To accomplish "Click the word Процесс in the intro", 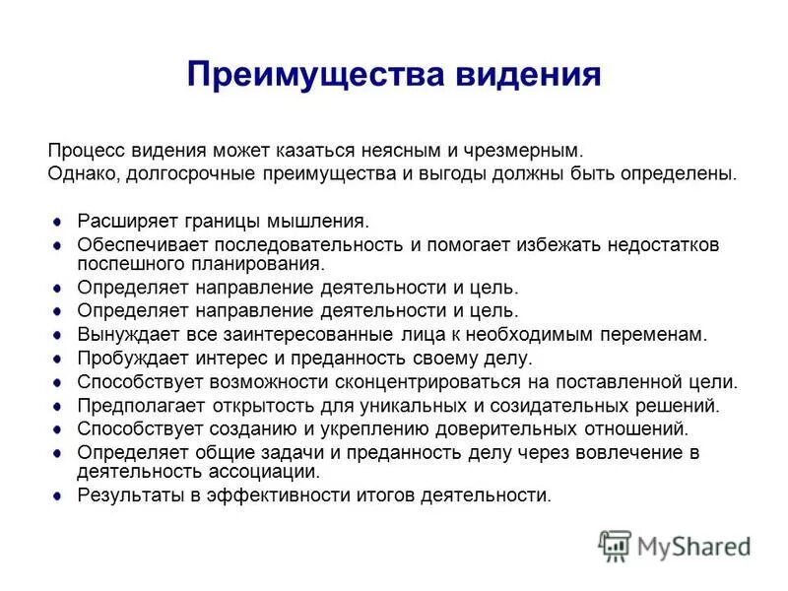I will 85,152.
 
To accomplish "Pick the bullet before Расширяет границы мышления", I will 56,222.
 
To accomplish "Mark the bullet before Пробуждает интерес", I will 56,358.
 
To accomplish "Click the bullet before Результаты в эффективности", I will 56,494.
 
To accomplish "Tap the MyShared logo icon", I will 615,544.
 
